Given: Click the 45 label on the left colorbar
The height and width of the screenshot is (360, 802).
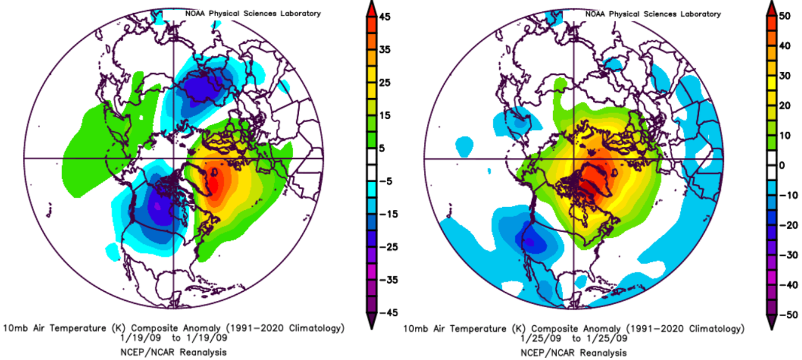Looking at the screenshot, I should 385,17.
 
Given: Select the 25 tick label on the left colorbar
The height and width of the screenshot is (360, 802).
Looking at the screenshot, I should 385,82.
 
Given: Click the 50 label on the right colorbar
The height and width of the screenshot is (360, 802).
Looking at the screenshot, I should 785,16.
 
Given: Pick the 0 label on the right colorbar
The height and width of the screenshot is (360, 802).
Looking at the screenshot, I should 782,165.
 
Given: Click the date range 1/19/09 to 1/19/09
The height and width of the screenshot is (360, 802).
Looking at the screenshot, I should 174,338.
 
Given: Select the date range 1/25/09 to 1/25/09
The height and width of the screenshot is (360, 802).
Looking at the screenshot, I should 574,339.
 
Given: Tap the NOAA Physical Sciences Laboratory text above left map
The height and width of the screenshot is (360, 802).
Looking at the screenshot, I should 253,13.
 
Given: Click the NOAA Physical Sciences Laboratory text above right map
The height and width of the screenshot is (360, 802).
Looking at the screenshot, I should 653,14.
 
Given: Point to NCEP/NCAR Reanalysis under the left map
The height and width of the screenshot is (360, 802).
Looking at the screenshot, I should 174,352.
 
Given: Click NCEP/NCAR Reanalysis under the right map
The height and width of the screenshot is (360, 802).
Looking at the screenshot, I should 574,352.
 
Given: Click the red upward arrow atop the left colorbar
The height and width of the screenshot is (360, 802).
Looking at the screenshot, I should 371,9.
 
